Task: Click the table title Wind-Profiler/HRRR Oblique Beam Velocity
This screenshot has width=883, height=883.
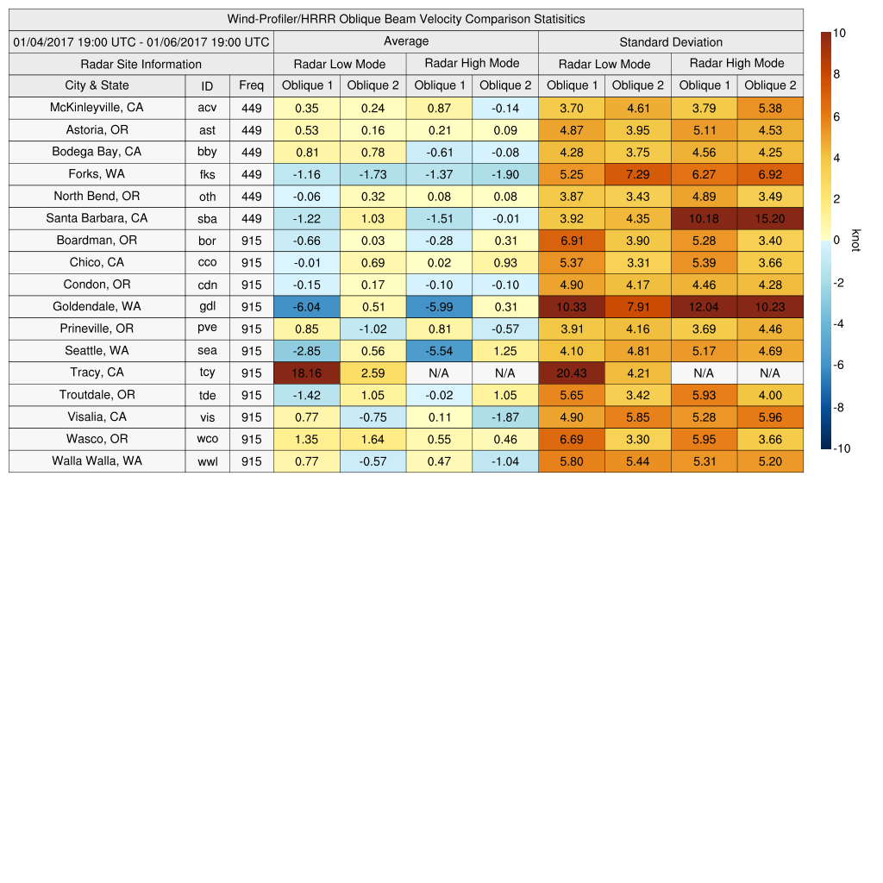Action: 405,19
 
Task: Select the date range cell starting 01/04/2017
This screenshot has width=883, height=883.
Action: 141,41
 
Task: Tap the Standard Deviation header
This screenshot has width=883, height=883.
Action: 671,42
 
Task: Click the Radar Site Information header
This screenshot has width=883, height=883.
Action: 141,64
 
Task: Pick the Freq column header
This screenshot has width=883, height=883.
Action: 251,85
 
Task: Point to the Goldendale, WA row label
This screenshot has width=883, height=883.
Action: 97,306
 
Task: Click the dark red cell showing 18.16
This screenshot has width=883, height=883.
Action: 307,373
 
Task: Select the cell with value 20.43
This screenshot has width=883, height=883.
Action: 572,373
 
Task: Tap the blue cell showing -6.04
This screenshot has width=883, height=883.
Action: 307,306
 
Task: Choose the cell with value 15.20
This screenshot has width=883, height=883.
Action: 770,218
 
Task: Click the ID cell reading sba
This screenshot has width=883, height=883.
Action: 207,218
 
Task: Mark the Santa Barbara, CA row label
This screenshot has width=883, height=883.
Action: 97,218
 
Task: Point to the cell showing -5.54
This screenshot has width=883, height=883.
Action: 439,351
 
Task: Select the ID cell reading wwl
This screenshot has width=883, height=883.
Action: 207,461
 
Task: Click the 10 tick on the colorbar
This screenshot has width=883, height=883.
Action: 839,33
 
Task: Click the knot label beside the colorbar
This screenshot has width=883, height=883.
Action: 855,241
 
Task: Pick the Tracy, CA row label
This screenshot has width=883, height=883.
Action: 97,373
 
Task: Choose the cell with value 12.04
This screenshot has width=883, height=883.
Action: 704,306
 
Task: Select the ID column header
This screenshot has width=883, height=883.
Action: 207,85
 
